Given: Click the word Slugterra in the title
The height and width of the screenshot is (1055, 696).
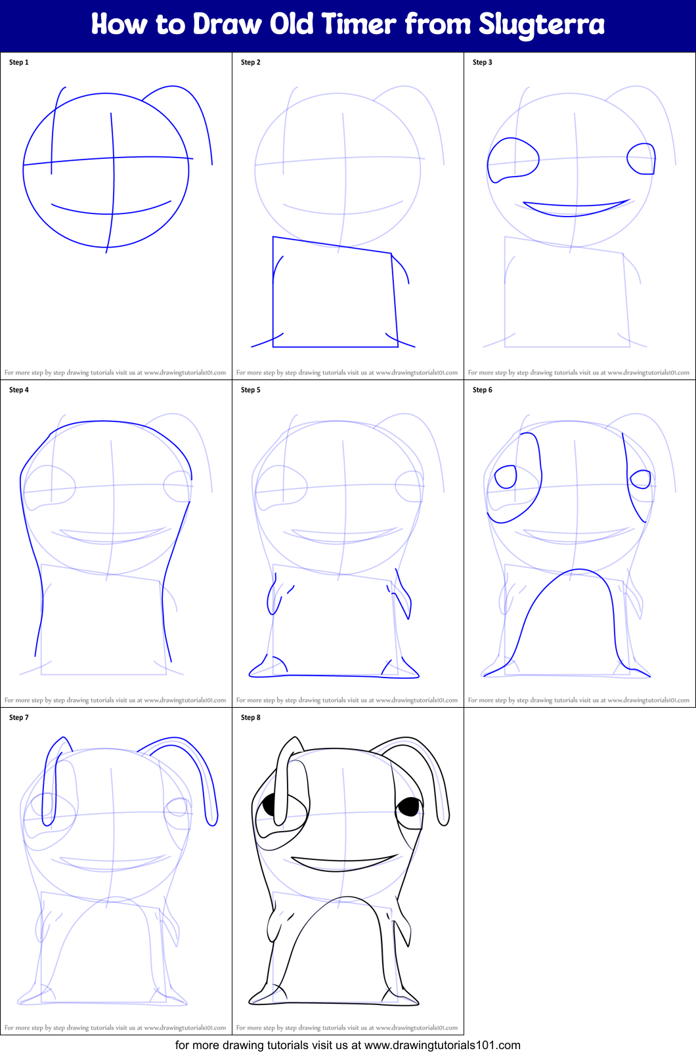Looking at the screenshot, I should (541, 24).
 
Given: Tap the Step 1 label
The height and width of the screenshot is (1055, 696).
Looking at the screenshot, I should (19, 62).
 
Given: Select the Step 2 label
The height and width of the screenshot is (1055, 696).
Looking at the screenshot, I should (251, 62).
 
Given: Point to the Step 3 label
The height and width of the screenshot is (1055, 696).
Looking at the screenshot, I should (483, 62).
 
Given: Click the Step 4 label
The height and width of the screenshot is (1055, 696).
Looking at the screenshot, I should (19, 390).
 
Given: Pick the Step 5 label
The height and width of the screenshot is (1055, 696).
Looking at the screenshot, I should (251, 390).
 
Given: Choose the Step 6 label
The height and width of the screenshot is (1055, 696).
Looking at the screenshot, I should (483, 390).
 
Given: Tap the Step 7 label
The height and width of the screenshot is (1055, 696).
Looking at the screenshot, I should (19, 718).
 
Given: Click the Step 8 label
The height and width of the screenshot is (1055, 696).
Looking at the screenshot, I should (251, 718).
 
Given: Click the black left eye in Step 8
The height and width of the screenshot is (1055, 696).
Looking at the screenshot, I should (270, 805).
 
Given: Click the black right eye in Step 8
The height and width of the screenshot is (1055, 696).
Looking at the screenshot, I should (409, 806).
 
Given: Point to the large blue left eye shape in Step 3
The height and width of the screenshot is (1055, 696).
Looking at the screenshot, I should (511, 160).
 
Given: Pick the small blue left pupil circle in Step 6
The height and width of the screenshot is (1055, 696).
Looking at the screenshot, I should (506, 477).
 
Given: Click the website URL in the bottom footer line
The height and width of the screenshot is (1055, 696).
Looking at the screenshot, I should (442, 1045).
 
